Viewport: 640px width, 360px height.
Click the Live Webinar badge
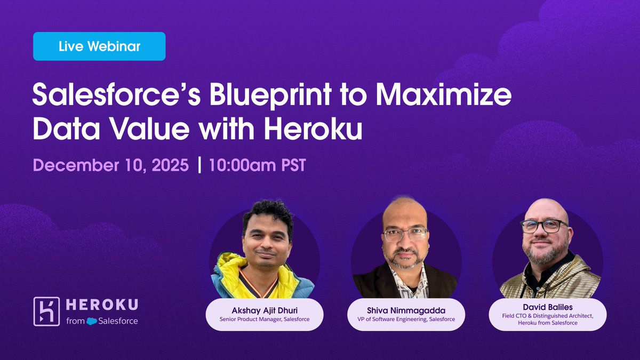(99, 46)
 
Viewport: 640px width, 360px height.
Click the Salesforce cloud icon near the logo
(92, 322)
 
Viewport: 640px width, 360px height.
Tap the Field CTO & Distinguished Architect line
(547, 316)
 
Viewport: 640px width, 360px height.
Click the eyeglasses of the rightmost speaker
(543, 226)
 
